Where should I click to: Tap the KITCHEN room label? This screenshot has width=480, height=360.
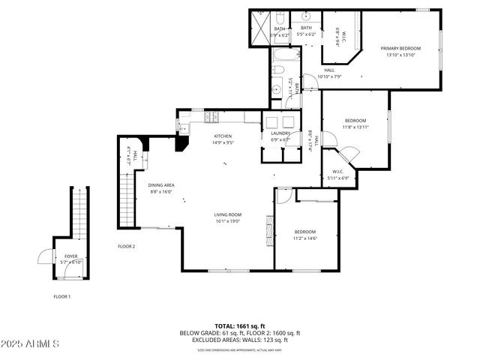[x=212, y=136]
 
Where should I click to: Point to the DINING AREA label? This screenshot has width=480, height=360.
[x=160, y=185]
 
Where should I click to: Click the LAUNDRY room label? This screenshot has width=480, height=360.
[x=270, y=133]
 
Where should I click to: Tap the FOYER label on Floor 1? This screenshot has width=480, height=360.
[x=70, y=256]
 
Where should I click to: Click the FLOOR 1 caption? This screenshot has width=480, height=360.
[x=61, y=296]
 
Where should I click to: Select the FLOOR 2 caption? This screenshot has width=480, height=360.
[x=126, y=246]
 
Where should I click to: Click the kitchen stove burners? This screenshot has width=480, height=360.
[x=211, y=117]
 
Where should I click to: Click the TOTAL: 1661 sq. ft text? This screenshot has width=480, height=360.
[x=239, y=326]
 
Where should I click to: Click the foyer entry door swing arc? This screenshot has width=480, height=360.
[x=44, y=257]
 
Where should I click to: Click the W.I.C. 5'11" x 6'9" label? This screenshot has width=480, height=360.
[x=338, y=175]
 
